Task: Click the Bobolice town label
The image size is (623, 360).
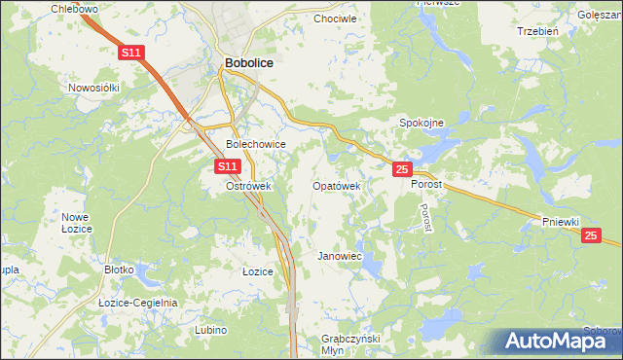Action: pyautogui.click(x=248, y=62)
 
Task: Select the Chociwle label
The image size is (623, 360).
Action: pyautogui.click(x=336, y=18)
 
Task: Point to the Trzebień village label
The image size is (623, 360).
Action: pyautogui.click(x=536, y=30)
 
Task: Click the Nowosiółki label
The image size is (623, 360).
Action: pyautogui.click(x=93, y=87)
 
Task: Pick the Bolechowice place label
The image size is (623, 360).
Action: pyautogui.click(x=255, y=144)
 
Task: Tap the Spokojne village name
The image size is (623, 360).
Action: pyautogui.click(x=422, y=124)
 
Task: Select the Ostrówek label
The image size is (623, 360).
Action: pyautogui.click(x=247, y=186)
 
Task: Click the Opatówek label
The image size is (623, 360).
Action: pyautogui.click(x=337, y=186)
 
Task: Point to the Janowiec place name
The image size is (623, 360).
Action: pyautogui.click(x=340, y=256)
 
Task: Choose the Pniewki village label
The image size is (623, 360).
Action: pyautogui.click(x=562, y=222)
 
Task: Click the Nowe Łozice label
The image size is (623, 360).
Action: pyautogui.click(x=76, y=222)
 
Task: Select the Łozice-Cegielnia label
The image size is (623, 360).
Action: pyautogui.click(x=138, y=303)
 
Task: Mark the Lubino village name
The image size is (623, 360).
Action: pyautogui.click(x=210, y=331)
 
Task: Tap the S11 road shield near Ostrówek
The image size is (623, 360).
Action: pyautogui.click(x=227, y=167)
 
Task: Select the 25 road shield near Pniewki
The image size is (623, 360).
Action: pyautogui.click(x=591, y=235)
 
